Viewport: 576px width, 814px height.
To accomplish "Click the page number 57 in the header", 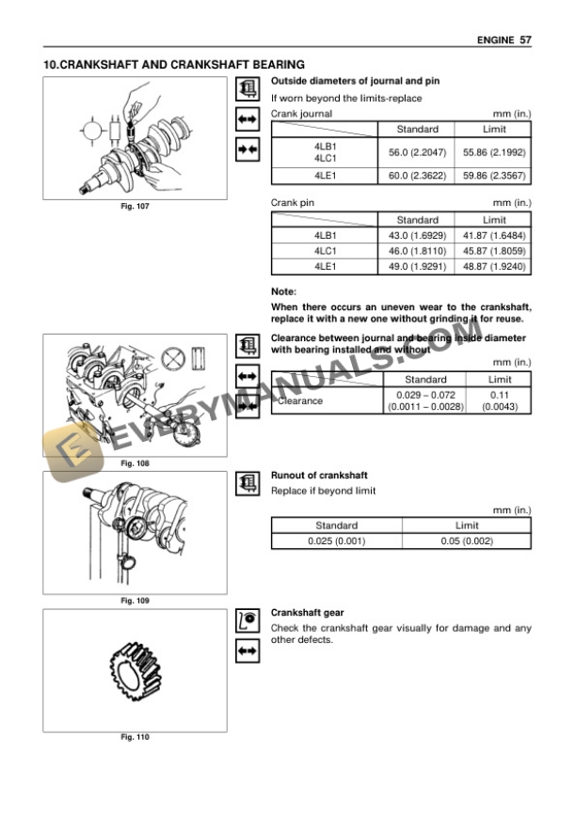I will [x=525, y=40].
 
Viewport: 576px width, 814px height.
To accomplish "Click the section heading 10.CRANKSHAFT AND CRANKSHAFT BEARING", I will [x=174, y=65].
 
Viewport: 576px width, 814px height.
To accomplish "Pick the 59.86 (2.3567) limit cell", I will [x=495, y=175].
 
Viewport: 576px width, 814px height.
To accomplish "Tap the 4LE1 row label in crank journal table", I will [x=325, y=175].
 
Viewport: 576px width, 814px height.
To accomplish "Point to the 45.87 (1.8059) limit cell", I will [x=495, y=251].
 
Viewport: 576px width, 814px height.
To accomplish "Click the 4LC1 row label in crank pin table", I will [x=325, y=251].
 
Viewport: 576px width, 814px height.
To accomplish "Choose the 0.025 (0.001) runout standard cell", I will [x=336, y=541].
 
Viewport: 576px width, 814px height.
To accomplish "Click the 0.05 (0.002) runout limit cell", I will [x=467, y=541].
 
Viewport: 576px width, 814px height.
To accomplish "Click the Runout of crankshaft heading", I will [x=318, y=476].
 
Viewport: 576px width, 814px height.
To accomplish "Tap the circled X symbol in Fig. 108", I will [x=171, y=358].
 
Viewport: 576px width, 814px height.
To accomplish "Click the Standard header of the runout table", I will [x=336, y=526].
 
